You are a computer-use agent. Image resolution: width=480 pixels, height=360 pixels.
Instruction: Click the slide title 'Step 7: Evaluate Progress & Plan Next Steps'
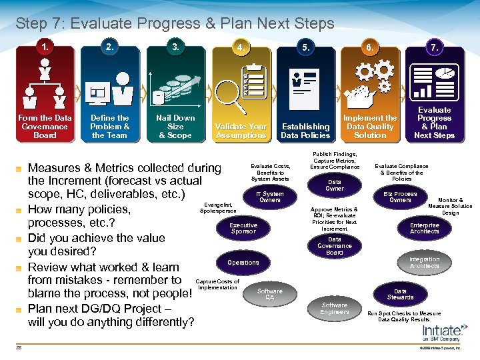tap(175, 24)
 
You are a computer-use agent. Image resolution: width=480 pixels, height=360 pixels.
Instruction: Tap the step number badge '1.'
tap(45, 48)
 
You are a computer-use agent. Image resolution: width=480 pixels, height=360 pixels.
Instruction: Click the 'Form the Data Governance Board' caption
tap(45, 127)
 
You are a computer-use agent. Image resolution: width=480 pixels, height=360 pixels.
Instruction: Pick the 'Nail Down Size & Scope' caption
tap(175, 127)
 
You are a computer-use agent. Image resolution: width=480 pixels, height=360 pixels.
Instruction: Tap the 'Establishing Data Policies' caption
tap(305, 131)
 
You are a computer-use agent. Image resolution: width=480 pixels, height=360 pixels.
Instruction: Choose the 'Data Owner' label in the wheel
tap(335, 185)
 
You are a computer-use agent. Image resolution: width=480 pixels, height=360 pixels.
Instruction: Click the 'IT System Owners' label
tap(270, 197)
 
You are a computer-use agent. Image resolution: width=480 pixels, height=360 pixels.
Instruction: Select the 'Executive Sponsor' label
tap(243, 229)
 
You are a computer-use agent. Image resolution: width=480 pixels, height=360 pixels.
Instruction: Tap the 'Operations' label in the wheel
tap(243, 263)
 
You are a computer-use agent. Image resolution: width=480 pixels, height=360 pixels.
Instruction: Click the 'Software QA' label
tap(269, 294)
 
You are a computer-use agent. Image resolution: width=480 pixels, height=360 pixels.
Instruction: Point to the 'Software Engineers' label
tap(334, 308)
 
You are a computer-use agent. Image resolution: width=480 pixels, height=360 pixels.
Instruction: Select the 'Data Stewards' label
tap(400, 294)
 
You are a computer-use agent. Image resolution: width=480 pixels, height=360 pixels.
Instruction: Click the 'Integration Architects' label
tap(425, 263)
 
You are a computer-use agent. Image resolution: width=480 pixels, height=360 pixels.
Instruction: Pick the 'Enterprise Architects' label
tap(425, 229)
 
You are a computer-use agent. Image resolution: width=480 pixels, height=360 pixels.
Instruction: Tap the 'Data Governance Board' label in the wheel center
tap(335, 245)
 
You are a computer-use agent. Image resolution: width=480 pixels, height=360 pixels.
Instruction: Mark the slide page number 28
tap(19, 347)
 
